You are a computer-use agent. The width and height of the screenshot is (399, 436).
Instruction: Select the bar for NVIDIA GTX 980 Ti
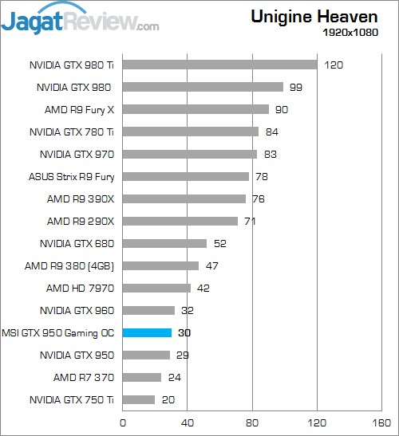(219, 65)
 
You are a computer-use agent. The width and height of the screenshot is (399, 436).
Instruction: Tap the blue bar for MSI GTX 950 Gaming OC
(147, 332)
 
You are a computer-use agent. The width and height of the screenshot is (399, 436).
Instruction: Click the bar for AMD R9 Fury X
(196, 109)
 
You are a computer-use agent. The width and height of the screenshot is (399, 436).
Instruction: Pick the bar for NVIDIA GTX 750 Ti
(139, 399)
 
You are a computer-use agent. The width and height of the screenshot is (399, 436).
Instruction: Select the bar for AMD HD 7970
(156, 288)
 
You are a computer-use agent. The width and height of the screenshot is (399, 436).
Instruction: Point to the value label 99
(297, 87)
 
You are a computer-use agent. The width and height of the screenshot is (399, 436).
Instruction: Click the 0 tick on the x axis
(123, 422)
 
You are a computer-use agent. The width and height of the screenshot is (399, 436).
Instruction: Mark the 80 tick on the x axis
(253, 422)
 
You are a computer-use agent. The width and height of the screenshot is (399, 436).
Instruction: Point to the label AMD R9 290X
(81, 221)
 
